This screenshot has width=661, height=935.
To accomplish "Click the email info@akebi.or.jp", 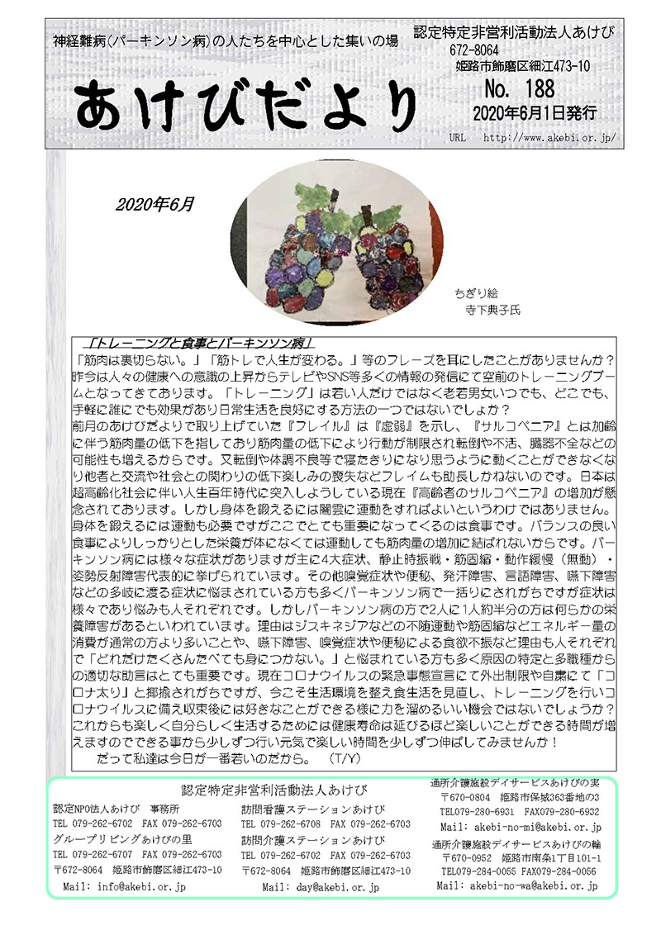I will [124, 886].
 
